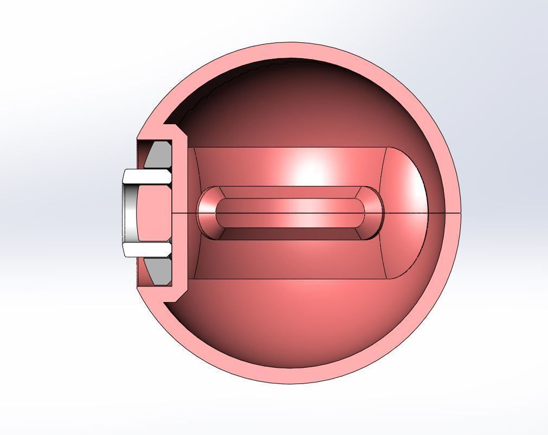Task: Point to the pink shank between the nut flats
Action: point(157,213)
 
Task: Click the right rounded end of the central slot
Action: point(374,213)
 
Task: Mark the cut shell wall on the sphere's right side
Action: point(452,213)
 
